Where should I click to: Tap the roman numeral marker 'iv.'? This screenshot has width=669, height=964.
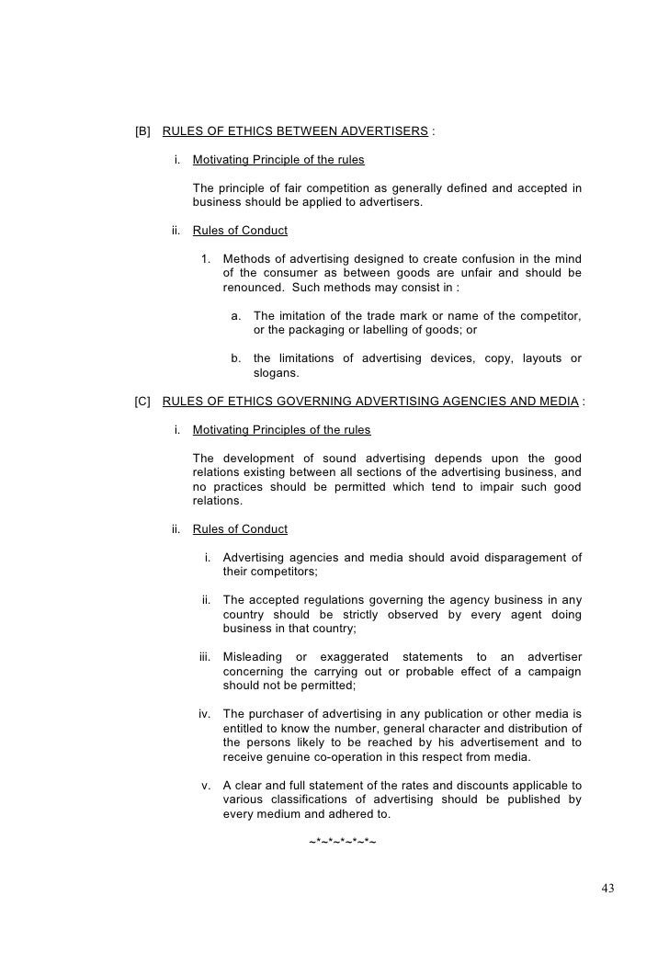click(207, 712)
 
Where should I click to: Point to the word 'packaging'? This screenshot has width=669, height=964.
click(313, 330)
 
